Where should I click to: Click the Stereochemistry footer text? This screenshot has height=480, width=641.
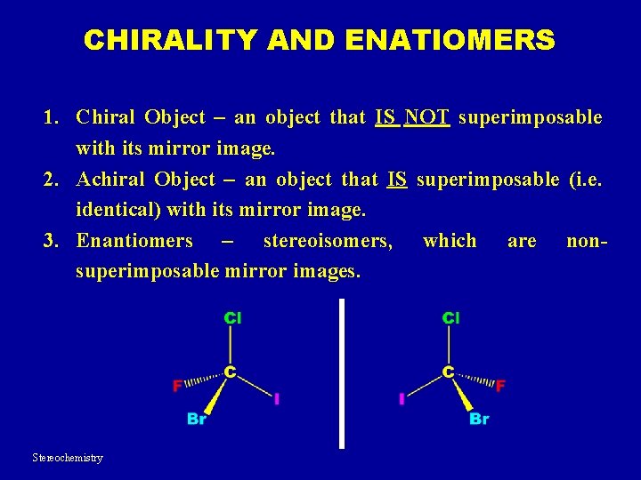pyautogui.click(x=68, y=458)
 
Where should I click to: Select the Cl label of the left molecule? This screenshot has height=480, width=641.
pyautogui.click(x=232, y=317)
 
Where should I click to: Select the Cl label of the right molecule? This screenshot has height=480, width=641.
pyautogui.click(x=451, y=317)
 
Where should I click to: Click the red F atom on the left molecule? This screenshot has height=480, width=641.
pyautogui.click(x=177, y=386)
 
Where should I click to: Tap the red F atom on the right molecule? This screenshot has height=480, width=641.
pyautogui.click(x=500, y=386)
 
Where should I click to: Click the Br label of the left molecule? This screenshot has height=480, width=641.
pyautogui.click(x=197, y=419)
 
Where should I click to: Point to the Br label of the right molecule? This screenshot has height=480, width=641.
pyautogui.click(x=479, y=419)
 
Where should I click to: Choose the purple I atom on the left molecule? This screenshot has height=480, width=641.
pyautogui.click(x=277, y=400)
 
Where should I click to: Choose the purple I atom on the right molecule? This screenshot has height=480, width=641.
pyautogui.click(x=402, y=400)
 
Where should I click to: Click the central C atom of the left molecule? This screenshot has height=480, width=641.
pyautogui.click(x=230, y=372)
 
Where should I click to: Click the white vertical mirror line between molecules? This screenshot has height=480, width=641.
pyautogui.click(x=342, y=373)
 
